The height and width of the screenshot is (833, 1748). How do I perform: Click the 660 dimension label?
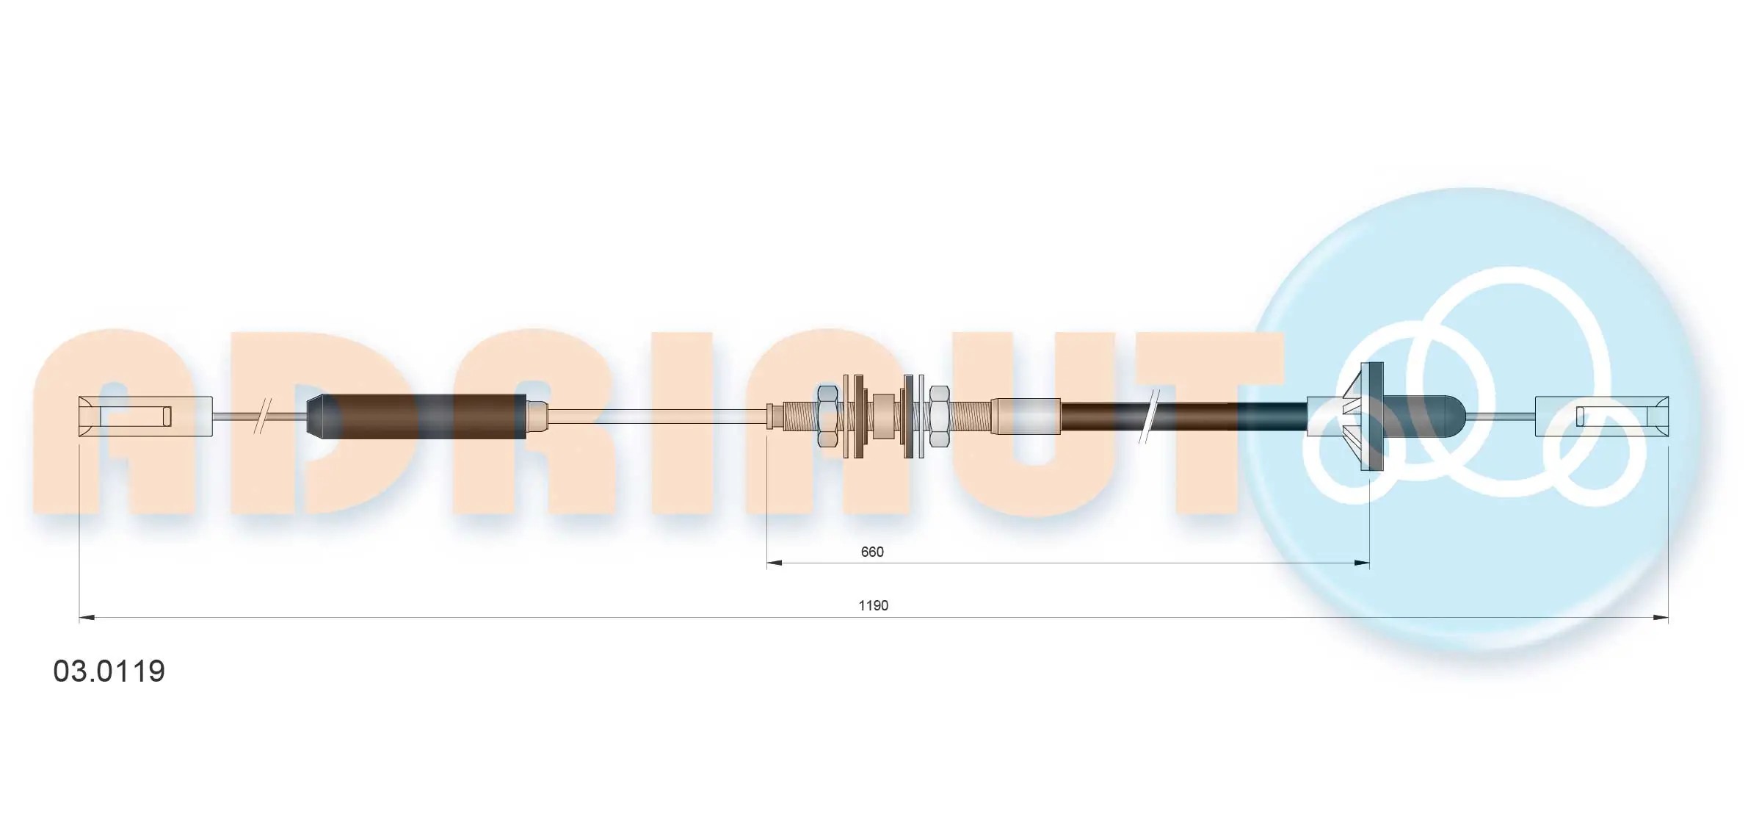coord(871,552)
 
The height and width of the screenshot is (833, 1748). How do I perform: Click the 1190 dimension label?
coord(873,605)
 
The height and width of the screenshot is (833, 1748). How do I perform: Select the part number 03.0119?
coord(109,671)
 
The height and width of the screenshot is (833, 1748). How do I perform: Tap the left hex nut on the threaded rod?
coord(827,416)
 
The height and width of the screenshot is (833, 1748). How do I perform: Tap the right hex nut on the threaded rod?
coord(939,416)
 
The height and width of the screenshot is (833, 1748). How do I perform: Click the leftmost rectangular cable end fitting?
coord(145,416)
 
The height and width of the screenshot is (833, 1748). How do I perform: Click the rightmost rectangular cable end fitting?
coord(1602,416)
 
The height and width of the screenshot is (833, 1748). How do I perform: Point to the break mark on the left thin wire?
coord(263,416)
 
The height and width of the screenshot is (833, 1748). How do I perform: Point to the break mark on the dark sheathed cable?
coord(1149,416)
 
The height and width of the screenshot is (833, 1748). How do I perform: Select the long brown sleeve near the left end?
coord(416,416)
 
